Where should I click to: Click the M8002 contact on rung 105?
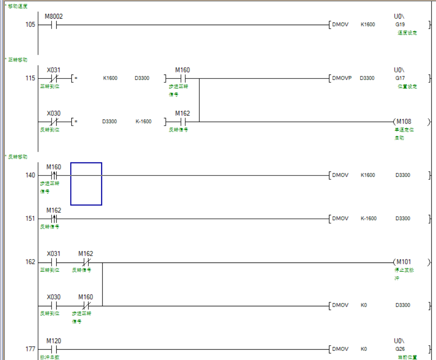(54, 25)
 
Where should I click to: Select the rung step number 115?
(30, 78)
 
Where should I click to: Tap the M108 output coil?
(404, 122)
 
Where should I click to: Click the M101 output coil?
(404, 262)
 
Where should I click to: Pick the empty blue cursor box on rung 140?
(86, 184)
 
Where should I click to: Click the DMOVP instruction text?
(342, 78)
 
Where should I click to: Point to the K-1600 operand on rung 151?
(368, 219)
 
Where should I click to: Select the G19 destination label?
(400, 25)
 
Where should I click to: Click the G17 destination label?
(400, 78)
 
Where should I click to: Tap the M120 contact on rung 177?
(54, 349)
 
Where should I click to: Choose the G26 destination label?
(400, 349)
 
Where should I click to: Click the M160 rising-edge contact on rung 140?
(54, 175)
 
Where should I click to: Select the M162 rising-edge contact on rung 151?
(54, 219)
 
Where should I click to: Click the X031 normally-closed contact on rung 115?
(54, 78)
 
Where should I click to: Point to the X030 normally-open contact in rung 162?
(54, 305)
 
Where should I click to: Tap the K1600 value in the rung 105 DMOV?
(368, 25)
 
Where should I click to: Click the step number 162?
(30, 262)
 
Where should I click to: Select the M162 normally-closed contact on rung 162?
(86, 262)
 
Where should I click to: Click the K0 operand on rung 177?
(364, 349)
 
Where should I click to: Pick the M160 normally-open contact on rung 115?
(182, 78)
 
